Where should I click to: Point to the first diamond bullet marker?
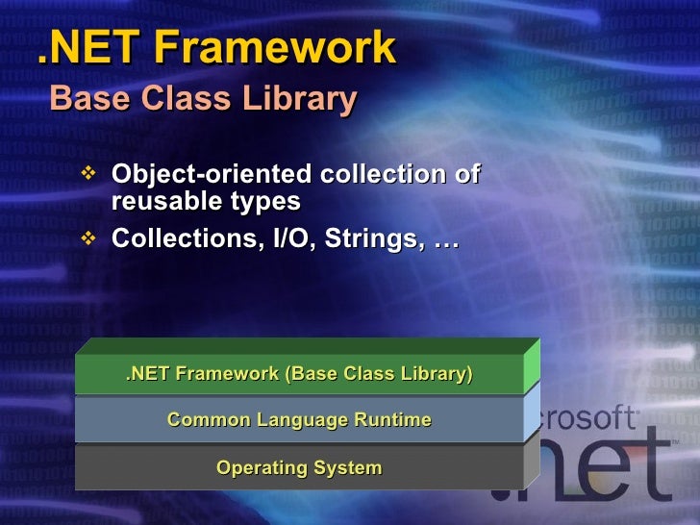click(89, 175)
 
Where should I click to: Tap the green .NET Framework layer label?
click(299, 373)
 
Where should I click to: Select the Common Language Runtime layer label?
click(299, 420)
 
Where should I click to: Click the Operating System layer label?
click(299, 468)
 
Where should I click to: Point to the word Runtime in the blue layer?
click(390, 420)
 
